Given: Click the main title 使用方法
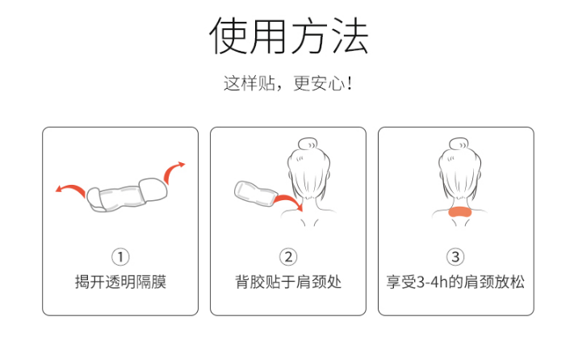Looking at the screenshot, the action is [x=288, y=36].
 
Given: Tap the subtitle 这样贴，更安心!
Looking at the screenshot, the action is [x=287, y=83].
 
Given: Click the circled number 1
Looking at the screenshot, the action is [x=120, y=257].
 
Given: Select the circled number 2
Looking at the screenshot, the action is [x=288, y=257].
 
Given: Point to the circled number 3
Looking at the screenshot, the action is [x=455, y=257].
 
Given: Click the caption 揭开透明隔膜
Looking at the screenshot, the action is [x=120, y=282].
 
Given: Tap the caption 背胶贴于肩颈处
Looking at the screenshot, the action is [x=288, y=282].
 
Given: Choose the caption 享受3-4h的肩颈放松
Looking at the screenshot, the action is [x=455, y=282].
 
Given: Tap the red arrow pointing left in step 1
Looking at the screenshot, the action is [x=71, y=188].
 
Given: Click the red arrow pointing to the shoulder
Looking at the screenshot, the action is [x=289, y=200].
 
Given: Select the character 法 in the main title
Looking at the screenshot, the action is [x=350, y=36].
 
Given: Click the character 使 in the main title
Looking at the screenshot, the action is [x=228, y=36].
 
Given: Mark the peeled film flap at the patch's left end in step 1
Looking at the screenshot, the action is [x=95, y=199].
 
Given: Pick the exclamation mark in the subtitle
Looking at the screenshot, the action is [x=350, y=83].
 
